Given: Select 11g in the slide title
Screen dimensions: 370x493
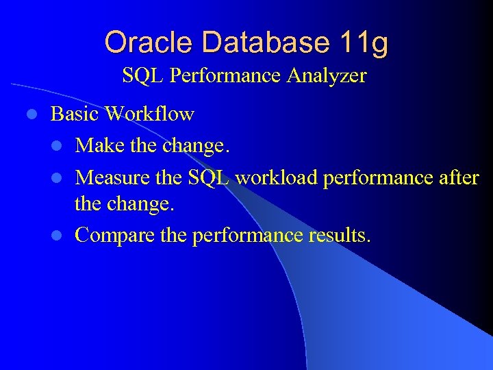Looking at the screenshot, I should click(x=363, y=42).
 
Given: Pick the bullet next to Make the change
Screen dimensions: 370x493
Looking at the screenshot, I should click(x=60, y=146).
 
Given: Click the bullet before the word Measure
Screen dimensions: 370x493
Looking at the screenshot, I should click(x=60, y=178).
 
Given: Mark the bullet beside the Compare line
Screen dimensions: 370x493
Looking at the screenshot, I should click(x=60, y=236).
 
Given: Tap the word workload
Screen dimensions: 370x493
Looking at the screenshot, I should click(x=276, y=177).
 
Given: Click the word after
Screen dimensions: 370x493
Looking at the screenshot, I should click(x=457, y=177).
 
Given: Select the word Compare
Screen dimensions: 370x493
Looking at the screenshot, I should click(x=114, y=236).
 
